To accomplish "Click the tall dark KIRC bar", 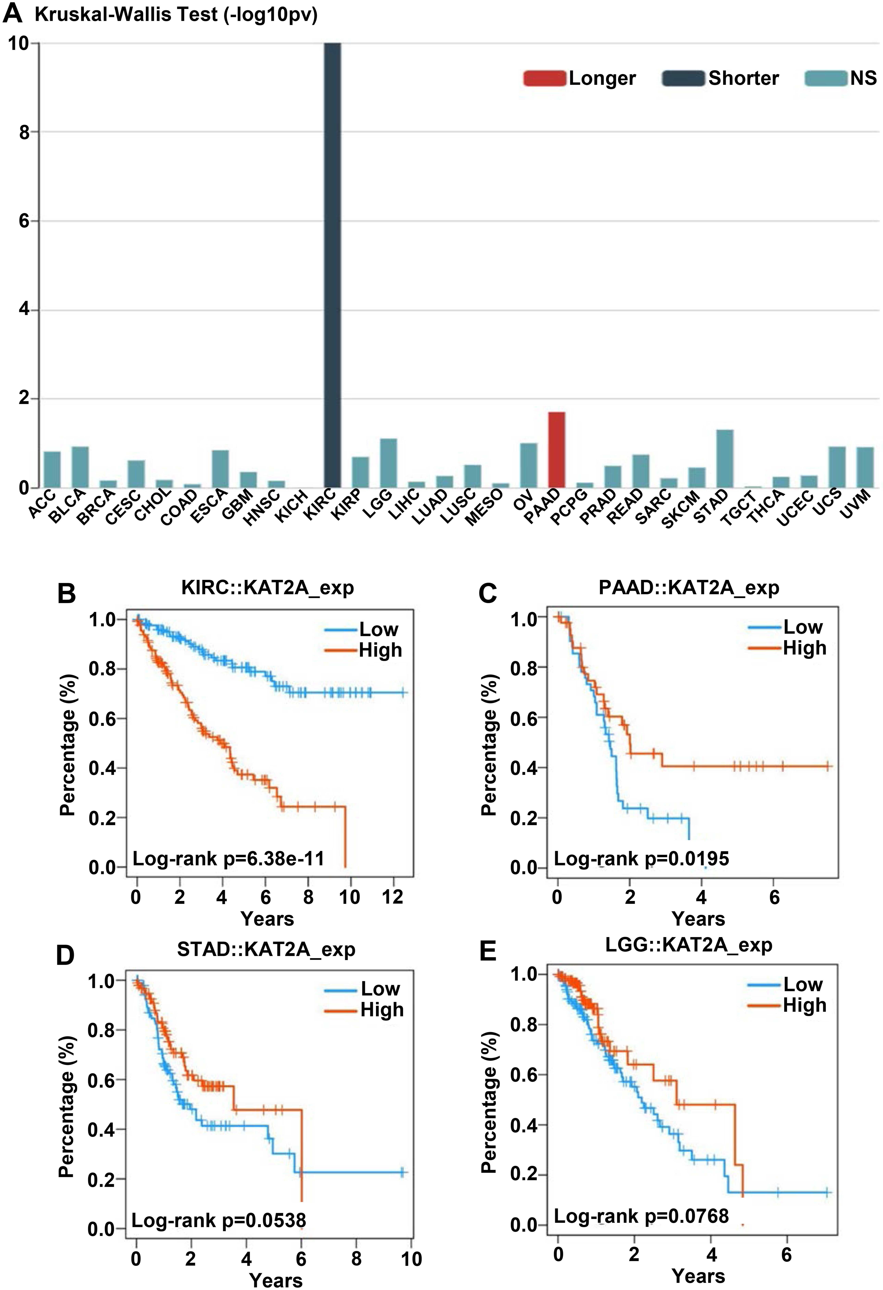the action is tap(332, 265).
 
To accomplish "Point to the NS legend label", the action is tap(864, 78).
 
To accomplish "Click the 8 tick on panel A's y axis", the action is tap(24, 132).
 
